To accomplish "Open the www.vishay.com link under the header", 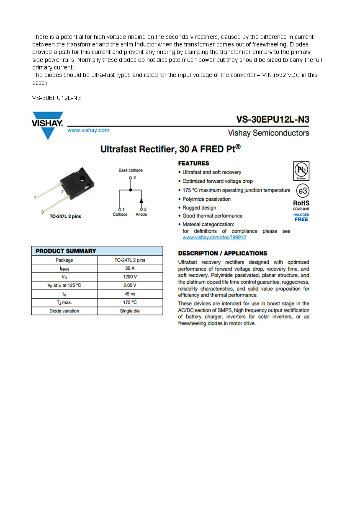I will pos(88,130).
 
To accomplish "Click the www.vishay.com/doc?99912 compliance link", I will pos(214,238).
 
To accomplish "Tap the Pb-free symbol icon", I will pos(301,171).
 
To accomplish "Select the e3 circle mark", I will pos(302,191).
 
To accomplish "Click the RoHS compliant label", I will pos(301,205).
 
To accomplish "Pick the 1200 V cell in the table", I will pos(130,277).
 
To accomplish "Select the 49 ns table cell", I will pos(130,294).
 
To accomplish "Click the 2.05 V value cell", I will pos(130,285).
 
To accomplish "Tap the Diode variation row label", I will pos(64,311).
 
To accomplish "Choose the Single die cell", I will pos(130,311).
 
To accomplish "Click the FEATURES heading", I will pos(193,163).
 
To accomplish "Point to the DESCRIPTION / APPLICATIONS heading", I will pos(222,253).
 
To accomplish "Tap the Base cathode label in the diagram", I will pos(130,171).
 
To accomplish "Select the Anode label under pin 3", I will pos(141,215).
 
